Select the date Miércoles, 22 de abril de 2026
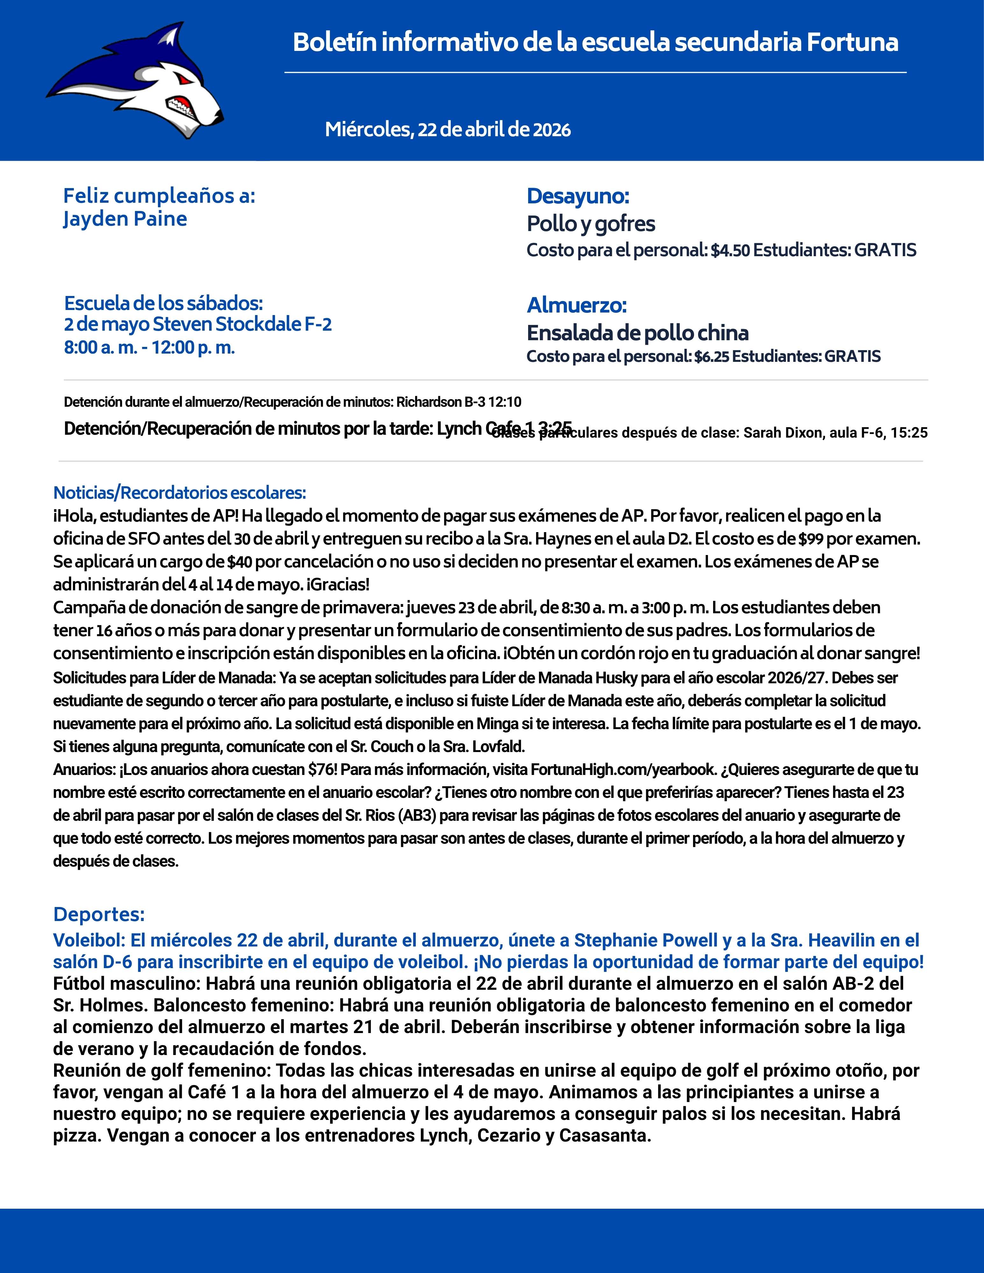tap(448, 130)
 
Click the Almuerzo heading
tap(577, 305)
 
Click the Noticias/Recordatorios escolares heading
tap(180, 493)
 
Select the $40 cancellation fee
tap(240, 562)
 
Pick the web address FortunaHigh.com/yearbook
tap(623, 770)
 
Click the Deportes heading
tap(98, 915)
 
